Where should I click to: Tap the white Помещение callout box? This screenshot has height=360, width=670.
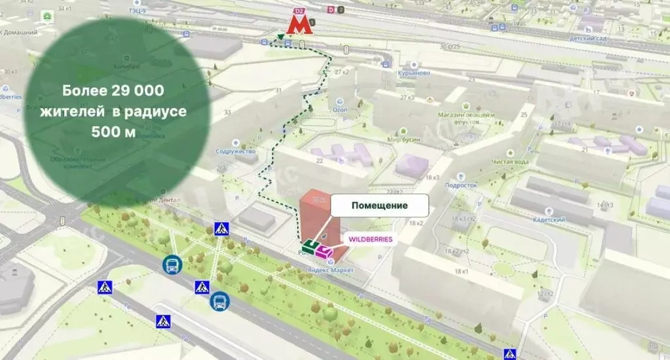coord(380,206)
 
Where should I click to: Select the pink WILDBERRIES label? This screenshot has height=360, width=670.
coord(370,240)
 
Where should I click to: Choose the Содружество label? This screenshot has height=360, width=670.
coord(234,151)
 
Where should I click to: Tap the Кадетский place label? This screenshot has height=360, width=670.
coord(548,220)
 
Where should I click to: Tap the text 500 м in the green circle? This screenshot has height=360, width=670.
coord(113,132)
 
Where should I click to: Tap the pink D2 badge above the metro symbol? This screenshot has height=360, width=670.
coord(299,11)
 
